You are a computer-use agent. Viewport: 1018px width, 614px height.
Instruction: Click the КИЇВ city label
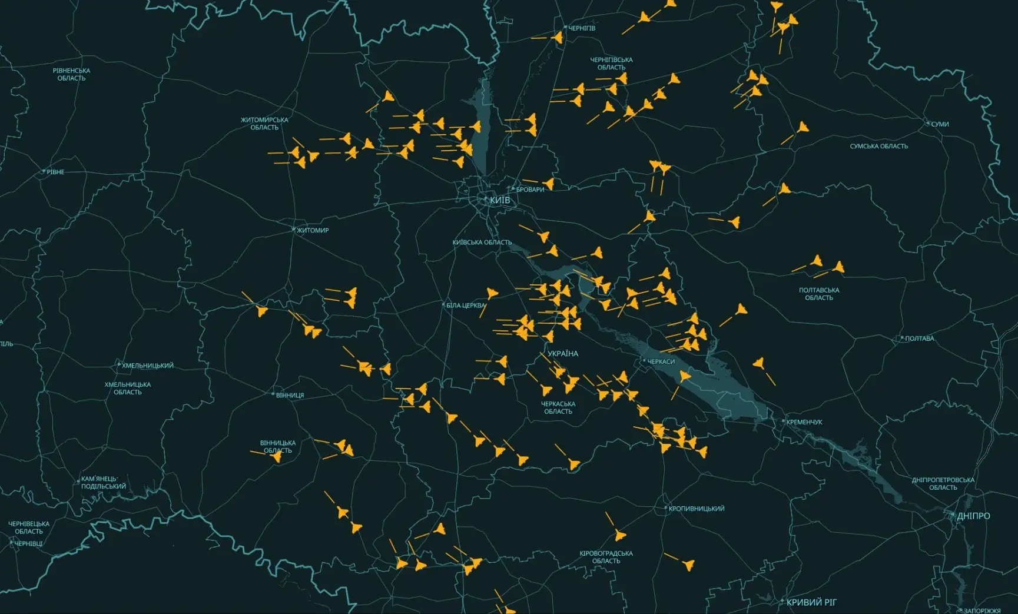coord(500,200)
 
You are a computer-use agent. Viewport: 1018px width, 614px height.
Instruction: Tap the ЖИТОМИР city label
coord(313,230)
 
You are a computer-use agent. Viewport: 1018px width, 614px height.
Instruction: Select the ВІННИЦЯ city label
coord(290,396)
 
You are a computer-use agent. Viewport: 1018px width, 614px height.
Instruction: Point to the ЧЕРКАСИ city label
coord(661,361)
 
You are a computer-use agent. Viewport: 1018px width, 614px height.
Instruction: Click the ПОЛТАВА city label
coord(919,338)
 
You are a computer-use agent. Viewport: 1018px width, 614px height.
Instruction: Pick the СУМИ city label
coord(940,124)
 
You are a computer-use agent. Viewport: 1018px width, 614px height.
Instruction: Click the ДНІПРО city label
coord(973,516)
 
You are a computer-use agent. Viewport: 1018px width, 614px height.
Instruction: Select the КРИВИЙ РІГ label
coord(811,602)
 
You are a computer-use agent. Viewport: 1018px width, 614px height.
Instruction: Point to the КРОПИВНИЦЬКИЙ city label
coord(697,509)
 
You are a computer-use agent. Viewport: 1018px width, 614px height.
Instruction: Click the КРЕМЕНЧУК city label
coord(804,422)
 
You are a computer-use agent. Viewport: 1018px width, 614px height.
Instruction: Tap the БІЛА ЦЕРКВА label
coord(466,306)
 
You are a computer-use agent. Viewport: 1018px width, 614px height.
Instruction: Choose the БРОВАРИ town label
coord(530,190)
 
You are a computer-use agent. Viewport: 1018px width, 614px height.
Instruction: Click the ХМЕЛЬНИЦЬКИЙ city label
coord(148,366)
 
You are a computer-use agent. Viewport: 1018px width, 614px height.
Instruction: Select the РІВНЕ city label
coord(55,172)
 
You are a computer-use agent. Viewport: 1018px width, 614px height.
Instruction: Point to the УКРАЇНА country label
coord(563,354)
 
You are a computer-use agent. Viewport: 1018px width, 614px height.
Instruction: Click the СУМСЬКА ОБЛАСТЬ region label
coord(878,146)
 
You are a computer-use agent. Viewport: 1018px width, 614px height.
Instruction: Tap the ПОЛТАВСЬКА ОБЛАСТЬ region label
coord(819,294)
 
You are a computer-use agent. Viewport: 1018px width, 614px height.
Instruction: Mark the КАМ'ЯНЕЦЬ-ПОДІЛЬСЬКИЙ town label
coord(103,483)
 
